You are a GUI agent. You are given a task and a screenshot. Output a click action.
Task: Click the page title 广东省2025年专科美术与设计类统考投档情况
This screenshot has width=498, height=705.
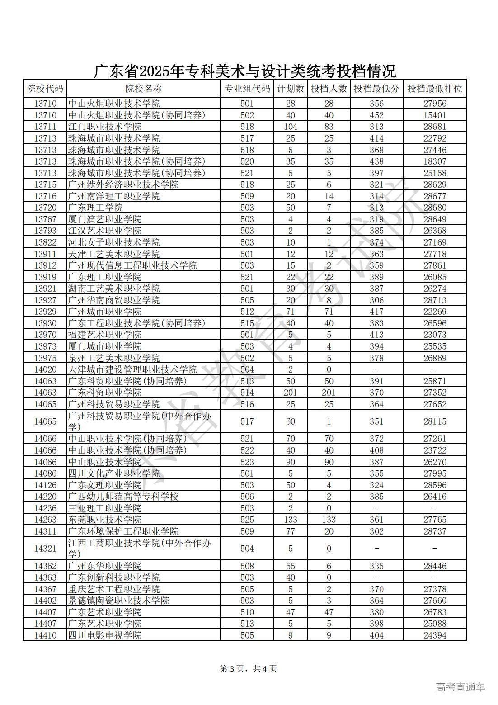[x=245, y=71]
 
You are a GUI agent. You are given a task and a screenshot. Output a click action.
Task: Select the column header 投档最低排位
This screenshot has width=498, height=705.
[x=434, y=89]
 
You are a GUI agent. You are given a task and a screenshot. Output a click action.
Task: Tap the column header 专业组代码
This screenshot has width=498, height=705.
[x=247, y=89]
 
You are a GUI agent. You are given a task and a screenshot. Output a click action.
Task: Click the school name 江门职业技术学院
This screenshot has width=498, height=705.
[x=104, y=127]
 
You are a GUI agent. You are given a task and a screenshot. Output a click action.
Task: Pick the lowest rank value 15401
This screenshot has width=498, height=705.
[x=434, y=115]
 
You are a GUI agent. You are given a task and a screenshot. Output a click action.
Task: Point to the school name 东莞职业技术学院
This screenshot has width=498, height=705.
[x=104, y=520]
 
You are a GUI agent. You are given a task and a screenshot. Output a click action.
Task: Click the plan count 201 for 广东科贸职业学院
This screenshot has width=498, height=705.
[x=290, y=393]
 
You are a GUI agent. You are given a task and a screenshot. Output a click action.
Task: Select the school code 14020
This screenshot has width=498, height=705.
[x=45, y=369]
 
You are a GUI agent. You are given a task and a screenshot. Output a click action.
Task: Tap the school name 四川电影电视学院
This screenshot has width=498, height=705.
[x=104, y=635]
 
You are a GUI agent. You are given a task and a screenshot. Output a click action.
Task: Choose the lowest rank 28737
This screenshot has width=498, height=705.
[x=434, y=531]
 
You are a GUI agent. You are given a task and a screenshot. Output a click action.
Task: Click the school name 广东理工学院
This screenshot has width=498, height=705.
[x=95, y=208]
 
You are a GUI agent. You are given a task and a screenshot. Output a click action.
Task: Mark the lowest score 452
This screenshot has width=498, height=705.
[x=376, y=115]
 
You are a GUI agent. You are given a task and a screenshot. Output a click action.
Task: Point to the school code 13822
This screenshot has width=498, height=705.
[x=45, y=242]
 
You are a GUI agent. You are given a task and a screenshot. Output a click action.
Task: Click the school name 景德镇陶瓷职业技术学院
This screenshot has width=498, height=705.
[x=118, y=601]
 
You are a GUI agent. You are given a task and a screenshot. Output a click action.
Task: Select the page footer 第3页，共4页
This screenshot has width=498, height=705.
[x=248, y=668]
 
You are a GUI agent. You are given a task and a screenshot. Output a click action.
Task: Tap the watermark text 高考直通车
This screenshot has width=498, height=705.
[x=460, y=687]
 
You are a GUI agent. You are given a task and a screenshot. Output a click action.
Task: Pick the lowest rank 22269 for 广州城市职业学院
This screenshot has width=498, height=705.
[x=434, y=312]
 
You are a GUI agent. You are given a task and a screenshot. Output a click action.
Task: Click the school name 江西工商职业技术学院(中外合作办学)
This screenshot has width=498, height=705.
[x=139, y=548]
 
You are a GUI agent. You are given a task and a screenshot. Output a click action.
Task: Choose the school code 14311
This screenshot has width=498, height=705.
[x=45, y=531]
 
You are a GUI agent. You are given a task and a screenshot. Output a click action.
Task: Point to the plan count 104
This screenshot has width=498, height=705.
[x=290, y=127]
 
